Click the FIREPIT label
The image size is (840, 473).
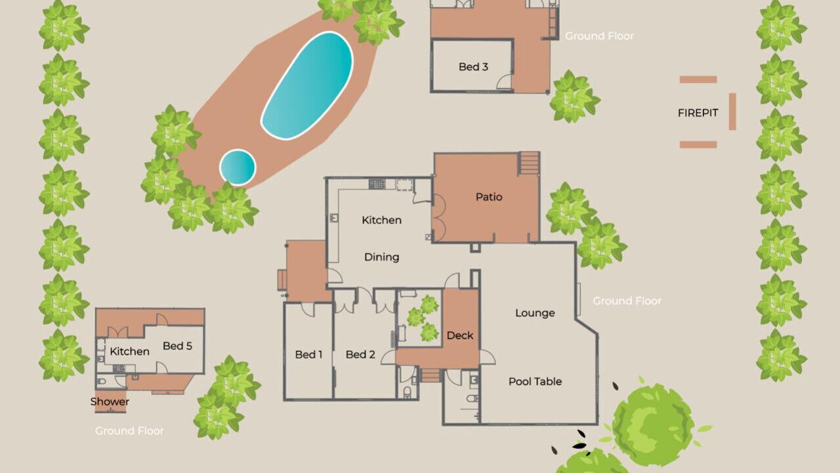pyautogui.click(x=698, y=112)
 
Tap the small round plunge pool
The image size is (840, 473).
pyautogui.click(x=238, y=168)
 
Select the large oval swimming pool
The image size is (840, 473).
pyautogui.click(x=306, y=85)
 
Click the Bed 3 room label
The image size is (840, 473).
pyautogui.click(x=473, y=67)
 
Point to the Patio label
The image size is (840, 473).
pyautogui.click(x=489, y=196)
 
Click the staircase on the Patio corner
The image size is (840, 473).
pyautogui.click(x=530, y=164)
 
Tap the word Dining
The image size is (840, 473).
pyautogui.click(x=382, y=257)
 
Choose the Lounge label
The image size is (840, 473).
pyautogui.click(x=535, y=313)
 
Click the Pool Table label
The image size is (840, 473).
pyautogui.click(x=535, y=382)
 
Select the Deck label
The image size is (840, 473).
pyautogui.click(x=460, y=335)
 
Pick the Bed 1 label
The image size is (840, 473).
pyautogui.click(x=308, y=354)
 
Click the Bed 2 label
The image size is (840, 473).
pyautogui.click(x=360, y=354)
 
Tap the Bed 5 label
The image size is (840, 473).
pyautogui.click(x=177, y=346)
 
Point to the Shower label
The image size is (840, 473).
pyautogui.click(x=110, y=401)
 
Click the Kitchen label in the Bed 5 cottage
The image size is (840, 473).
pyautogui.click(x=130, y=351)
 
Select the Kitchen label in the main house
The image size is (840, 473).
pyautogui.click(x=382, y=220)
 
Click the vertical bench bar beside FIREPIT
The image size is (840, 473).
pyautogui.click(x=732, y=112)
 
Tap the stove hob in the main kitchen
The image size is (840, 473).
pyautogui.click(x=377, y=184)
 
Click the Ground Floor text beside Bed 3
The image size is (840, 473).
pyautogui.click(x=600, y=36)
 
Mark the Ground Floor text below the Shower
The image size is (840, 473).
pyautogui.click(x=129, y=430)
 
